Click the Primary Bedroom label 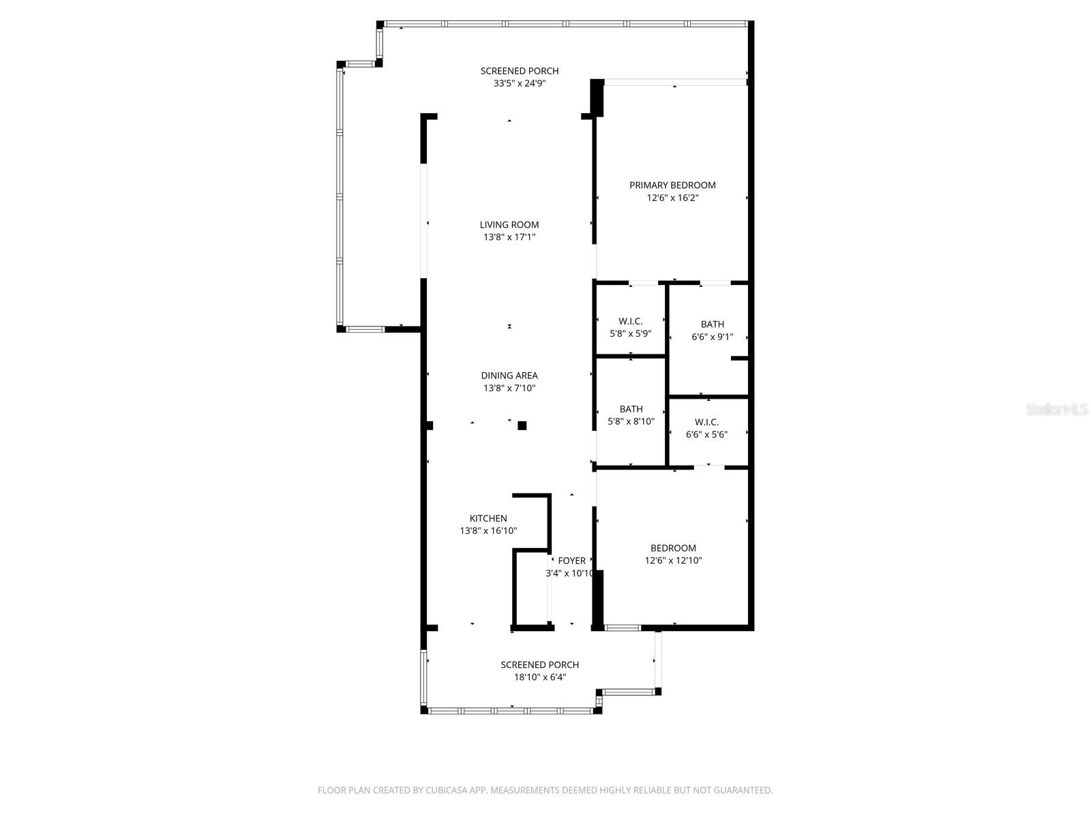(x=672, y=185)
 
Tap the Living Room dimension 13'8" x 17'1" (x=509, y=237)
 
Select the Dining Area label (x=509, y=375)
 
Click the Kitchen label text (x=488, y=518)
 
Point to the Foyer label (x=571, y=560)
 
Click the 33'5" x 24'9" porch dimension (x=520, y=83)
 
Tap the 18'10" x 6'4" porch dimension (x=540, y=677)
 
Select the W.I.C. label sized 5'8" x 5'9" (x=631, y=321)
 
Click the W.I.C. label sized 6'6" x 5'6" (x=706, y=422)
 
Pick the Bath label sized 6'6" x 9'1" (x=713, y=324)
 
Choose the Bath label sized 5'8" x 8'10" (x=631, y=409)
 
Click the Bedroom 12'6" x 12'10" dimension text (x=674, y=560)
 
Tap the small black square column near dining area (x=522, y=425)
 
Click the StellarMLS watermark (x=1056, y=409)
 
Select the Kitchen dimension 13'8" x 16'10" (x=488, y=530)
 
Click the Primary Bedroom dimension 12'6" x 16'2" (x=672, y=198)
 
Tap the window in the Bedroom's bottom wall (x=623, y=627)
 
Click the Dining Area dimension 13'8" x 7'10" (x=509, y=388)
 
